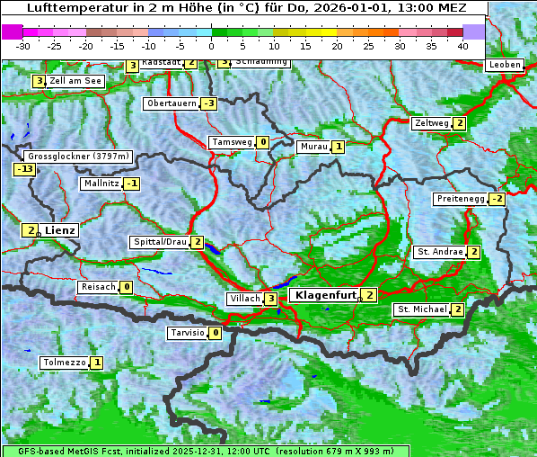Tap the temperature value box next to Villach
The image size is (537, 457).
coord(271,299)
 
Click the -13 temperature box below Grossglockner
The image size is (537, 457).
coord(24,169)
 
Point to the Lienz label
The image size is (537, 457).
coord(60,230)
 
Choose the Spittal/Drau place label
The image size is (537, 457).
coord(160,242)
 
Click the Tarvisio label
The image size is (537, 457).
coord(187,333)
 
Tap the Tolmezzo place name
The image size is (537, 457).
coord(65,363)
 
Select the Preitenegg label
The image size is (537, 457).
coord(460,199)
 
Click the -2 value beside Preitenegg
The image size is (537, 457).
coord(497,199)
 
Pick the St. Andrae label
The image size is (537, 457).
coord(439,252)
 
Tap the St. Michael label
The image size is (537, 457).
coord(422,309)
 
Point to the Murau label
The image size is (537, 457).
coord(313,147)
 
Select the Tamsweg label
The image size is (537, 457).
coord(231,142)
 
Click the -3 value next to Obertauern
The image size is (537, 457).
coord(208,103)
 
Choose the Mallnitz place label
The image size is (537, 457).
coord(101,184)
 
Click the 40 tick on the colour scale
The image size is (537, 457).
coord(462,45)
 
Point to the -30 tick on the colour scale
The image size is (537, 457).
coord(23,45)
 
